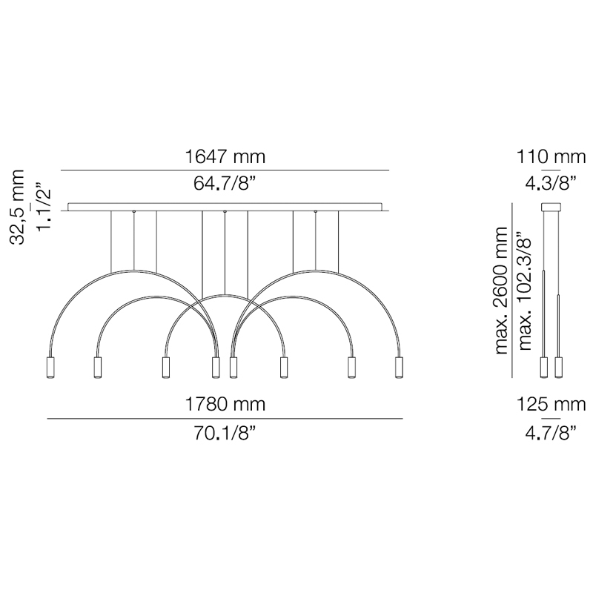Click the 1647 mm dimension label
pos(225,156)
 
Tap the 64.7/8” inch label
pos(225,184)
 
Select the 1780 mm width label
pos(225,404)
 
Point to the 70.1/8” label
pos(225,433)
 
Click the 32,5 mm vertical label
pos(18,208)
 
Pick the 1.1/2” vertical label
pos(43,207)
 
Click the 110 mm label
pos(551,156)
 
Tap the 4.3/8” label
pos(551,184)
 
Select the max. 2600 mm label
pos(501,291)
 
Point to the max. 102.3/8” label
pos(526,291)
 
